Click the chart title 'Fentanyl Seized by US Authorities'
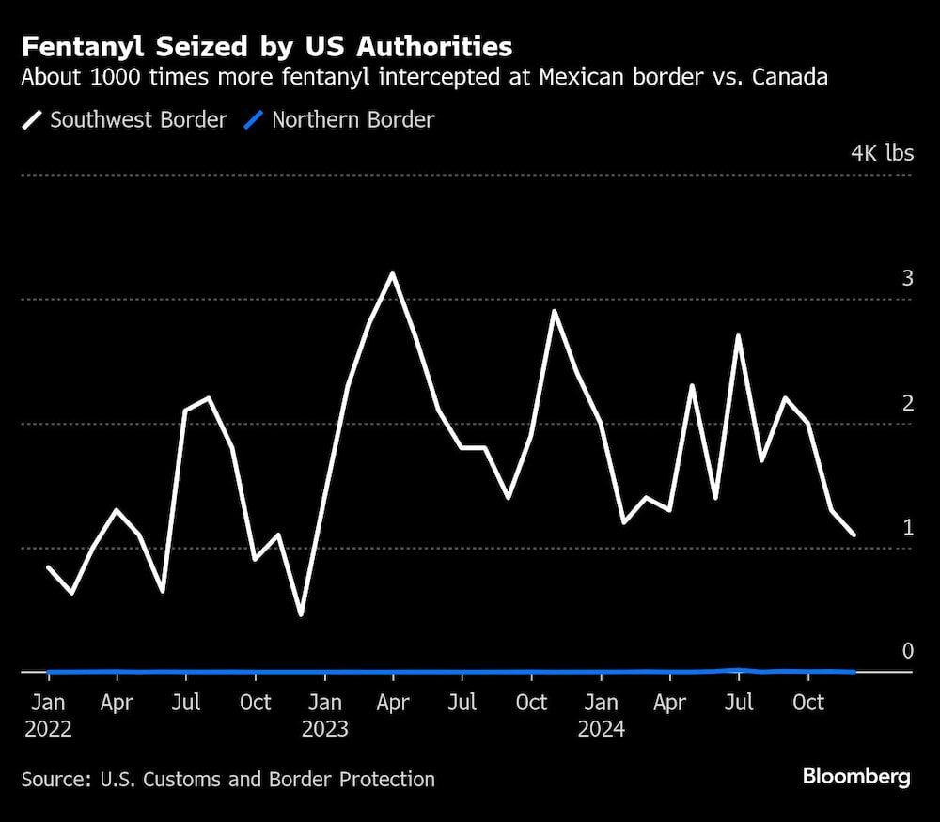(x=267, y=47)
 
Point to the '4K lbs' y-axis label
(x=881, y=153)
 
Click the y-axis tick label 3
(x=907, y=278)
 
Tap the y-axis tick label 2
(x=907, y=403)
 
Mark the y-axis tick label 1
(x=907, y=527)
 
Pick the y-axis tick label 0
(x=907, y=651)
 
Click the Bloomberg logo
(x=855, y=776)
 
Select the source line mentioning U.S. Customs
(x=228, y=779)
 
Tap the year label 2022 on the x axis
(x=48, y=729)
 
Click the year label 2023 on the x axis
(x=325, y=729)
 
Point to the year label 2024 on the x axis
(x=602, y=729)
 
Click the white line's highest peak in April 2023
(x=392, y=274)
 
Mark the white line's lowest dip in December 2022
(x=301, y=615)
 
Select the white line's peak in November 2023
(x=554, y=311)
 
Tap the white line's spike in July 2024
(x=739, y=335)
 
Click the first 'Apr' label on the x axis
(x=117, y=703)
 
